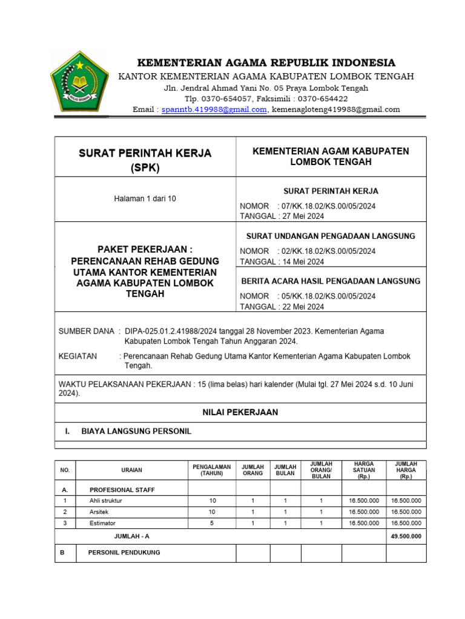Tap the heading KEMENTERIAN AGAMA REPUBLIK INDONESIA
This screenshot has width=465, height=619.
click(x=266, y=63)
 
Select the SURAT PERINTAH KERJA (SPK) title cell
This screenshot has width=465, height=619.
click(x=145, y=160)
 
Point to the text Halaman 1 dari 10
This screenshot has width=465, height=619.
click(x=145, y=198)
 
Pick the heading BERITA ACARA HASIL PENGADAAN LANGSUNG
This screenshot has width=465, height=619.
click(x=331, y=281)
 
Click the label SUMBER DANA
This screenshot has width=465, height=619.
click(x=86, y=331)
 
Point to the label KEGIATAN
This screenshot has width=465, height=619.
click(x=77, y=356)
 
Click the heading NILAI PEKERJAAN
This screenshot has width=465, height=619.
click(x=240, y=412)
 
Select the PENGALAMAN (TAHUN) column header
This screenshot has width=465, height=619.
click(x=211, y=470)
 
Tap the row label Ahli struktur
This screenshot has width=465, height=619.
click(x=105, y=501)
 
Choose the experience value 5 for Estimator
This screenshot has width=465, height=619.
click(x=211, y=523)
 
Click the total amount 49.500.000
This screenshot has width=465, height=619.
click(x=406, y=536)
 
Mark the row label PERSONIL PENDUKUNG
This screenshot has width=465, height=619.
click(x=124, y=553)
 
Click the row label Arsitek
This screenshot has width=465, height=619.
click(x=99, y=512)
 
